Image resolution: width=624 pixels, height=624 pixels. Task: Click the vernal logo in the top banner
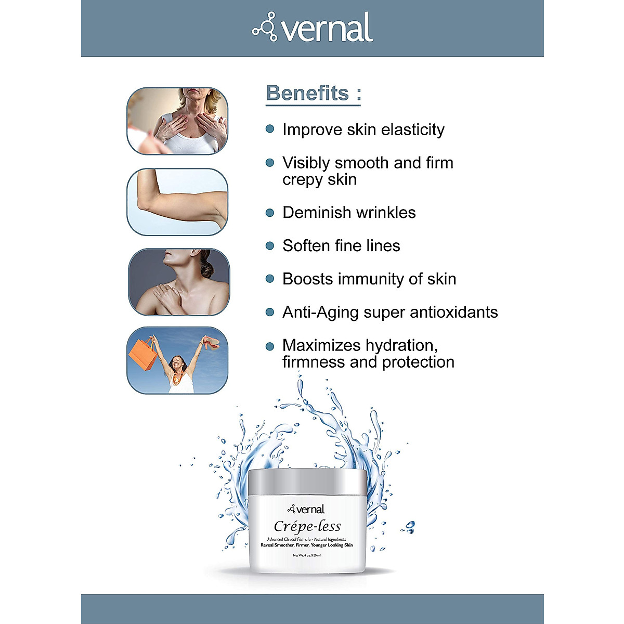[313, 28]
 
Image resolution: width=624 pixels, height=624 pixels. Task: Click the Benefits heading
[313, 94]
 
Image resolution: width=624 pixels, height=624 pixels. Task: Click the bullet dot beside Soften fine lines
[269, 245]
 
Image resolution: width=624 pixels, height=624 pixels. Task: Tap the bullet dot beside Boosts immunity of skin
[269, 279]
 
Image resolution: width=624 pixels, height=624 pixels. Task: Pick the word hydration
[401, 346]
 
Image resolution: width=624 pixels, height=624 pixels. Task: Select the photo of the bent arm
[177, 202]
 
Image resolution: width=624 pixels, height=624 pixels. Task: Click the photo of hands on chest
[177, 121]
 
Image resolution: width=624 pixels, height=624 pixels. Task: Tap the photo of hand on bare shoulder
[178, 282]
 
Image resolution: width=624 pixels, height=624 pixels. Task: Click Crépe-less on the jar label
[307, 526]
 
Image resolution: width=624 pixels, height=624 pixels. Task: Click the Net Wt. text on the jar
[307, 556]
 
